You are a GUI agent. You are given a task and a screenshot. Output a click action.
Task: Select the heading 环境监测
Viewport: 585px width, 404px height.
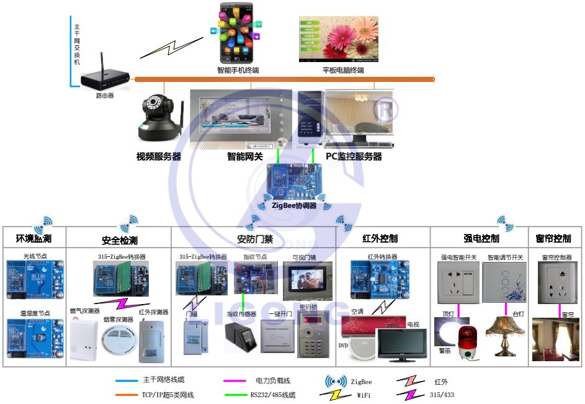pos(33,239)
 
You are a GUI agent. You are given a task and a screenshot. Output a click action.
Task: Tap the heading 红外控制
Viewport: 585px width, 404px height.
pos(380,239)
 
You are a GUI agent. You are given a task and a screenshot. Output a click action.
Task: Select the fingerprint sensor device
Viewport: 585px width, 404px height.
pos(241,338)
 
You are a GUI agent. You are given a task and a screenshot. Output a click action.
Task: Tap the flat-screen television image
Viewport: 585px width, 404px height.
pos(402,344)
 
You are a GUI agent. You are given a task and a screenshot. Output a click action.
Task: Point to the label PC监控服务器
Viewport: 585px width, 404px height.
pos(354,157)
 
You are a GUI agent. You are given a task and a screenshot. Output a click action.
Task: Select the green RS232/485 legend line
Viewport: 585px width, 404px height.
pos(235,395)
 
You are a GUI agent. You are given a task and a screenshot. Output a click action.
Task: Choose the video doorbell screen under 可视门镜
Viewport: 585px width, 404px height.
pos(308,277)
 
